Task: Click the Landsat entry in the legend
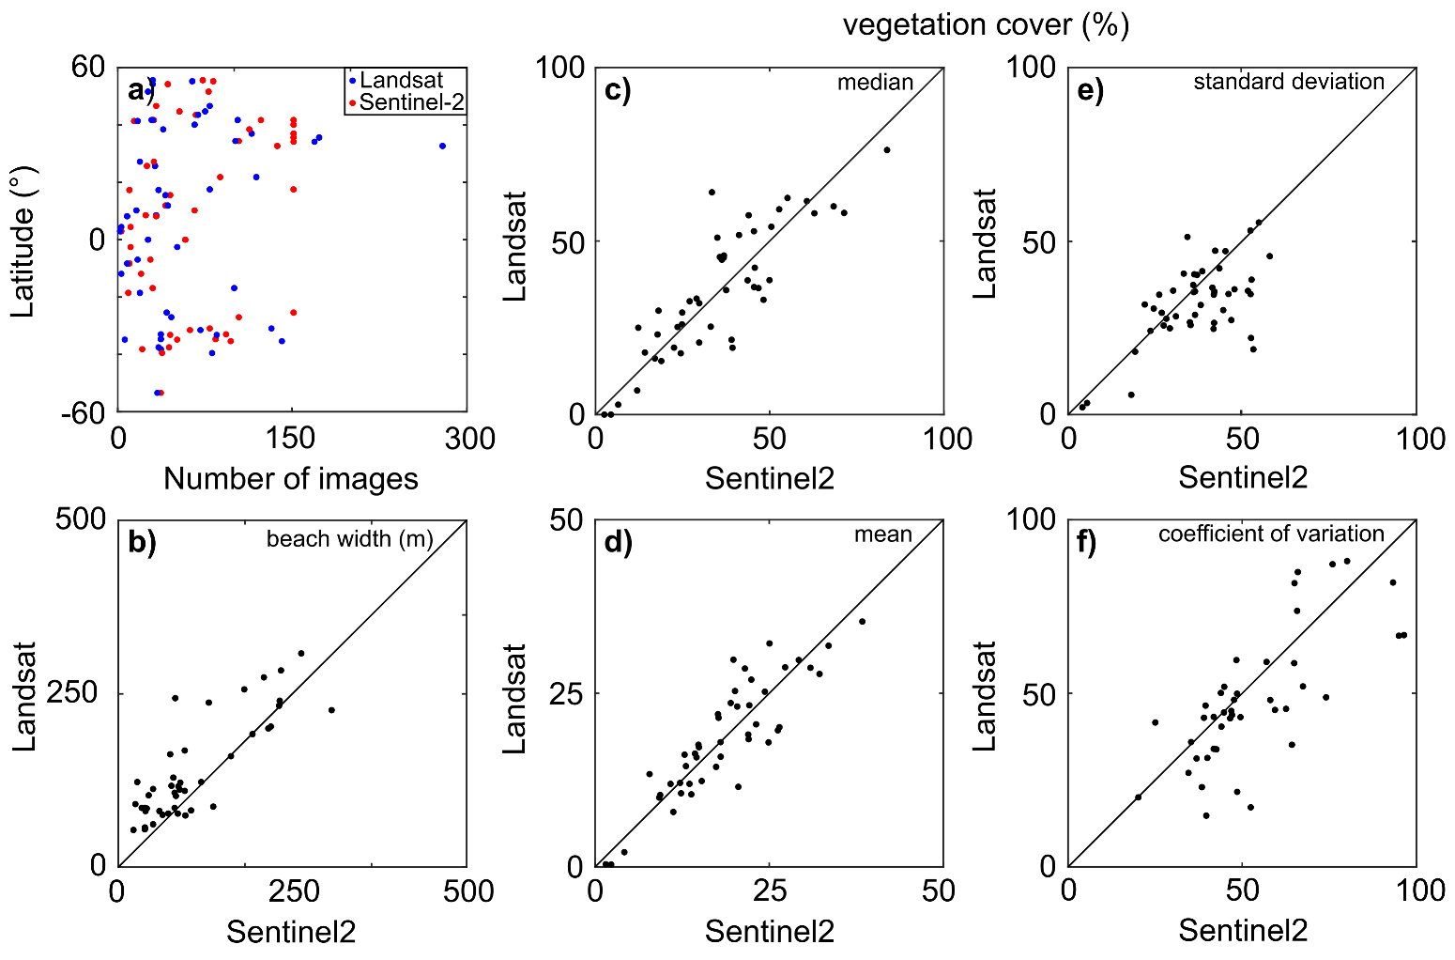point(400,80)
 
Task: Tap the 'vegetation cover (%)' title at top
point(986,24)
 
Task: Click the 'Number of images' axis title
point(291,479)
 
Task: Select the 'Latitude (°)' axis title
point(23,240)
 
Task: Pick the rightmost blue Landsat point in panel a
point(442,146)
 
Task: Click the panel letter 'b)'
point(142,543)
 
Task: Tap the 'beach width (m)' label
point(349,539)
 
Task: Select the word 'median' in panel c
point(875,83)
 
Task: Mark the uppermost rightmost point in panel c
point(886,150)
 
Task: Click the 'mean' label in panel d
point(882,534)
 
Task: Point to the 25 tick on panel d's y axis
point(560,693)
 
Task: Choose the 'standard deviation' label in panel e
point(1288,82)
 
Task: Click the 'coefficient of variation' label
point(1271,534)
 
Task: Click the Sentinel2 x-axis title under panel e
point(1243,478)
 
